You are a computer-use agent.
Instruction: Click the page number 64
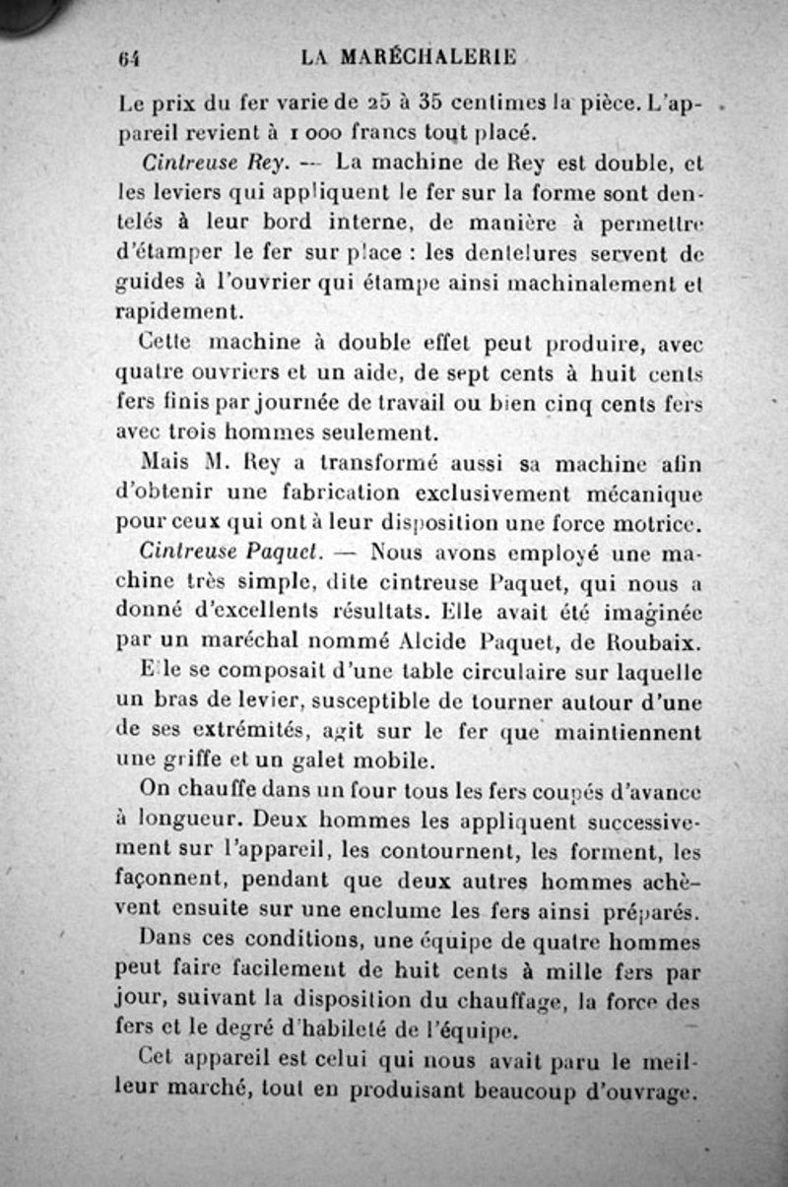pos(128,58)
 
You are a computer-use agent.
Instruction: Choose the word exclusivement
pos(510,491)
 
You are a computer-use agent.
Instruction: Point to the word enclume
pos(375,909)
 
